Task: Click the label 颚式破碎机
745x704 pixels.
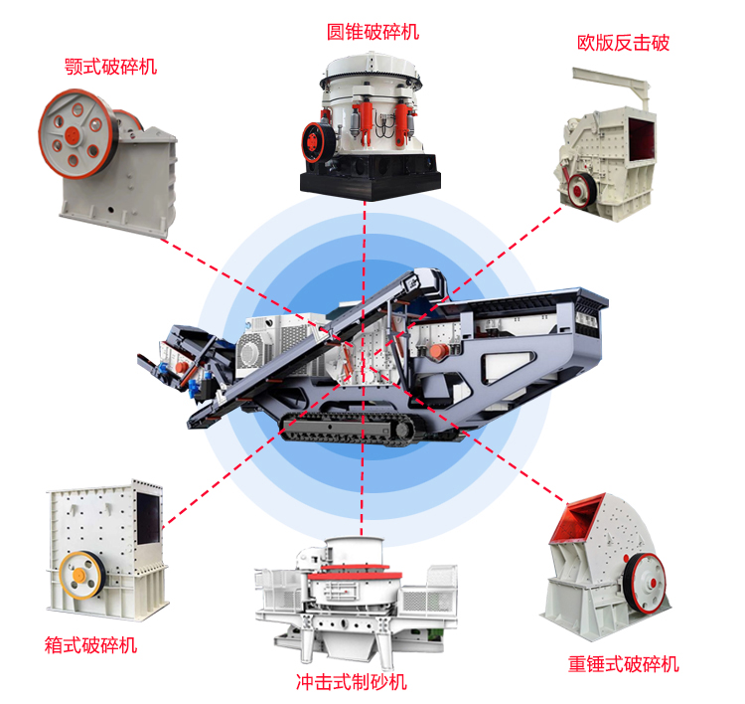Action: coord(110,67)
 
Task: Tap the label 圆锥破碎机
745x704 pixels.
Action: coord(372,32)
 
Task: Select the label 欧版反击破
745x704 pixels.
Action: coord(623,43)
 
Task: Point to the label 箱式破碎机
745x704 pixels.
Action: coord(90,645)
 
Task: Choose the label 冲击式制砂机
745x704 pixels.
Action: coord(352,682)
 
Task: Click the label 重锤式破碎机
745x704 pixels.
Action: coord(624,664)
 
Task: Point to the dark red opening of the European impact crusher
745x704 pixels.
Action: coord(642,139)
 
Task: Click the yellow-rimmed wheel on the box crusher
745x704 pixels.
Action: coord(82,575)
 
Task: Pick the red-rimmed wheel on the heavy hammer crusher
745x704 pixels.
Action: coord(646,583)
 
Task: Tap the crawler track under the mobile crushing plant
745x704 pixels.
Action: coord(347,429)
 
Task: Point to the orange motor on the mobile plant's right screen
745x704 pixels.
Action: coord(438,351)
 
